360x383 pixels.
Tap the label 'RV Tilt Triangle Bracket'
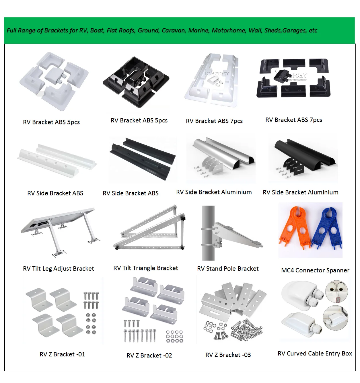(146, 268)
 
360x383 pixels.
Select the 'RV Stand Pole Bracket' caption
(228, 269)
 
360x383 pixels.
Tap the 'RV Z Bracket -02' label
(149, 355)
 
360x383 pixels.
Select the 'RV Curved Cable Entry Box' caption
(315, 353)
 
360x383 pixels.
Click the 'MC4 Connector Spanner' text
(315, 270)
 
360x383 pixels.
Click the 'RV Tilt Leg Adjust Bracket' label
(59, 269)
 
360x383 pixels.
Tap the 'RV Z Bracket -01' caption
(62, 354)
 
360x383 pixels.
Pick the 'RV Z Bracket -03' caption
(228, 355)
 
